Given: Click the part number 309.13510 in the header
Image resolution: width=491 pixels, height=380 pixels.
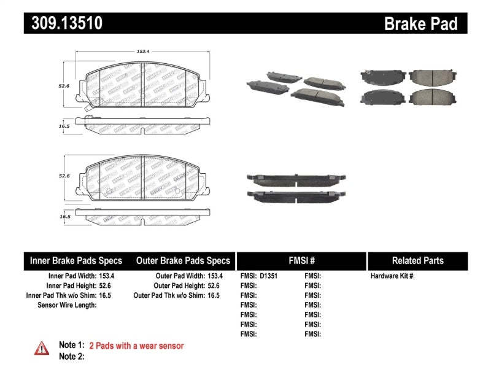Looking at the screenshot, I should click(x=63, y=23).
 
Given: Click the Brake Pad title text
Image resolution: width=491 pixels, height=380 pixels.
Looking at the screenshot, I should click(x=420, y=23).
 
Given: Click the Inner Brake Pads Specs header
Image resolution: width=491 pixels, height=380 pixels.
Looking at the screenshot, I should click(x=76, y=260).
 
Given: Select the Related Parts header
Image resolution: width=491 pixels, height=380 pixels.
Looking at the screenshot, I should click(x=417, y=260).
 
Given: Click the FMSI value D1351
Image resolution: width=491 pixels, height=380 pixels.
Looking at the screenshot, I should click(x=268, y=276).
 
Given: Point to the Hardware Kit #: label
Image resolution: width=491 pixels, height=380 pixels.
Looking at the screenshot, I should click(x=392, y=276).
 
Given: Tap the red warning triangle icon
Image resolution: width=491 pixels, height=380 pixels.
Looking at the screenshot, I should click(x=42, y=348).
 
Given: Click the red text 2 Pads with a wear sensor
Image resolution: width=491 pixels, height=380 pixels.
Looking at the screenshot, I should click(x=136, y=346).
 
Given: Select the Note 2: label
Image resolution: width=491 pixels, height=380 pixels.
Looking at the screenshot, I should click(x=71, y=356).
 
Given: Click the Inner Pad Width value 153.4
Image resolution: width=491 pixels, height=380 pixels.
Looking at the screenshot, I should click(x=107, y=276).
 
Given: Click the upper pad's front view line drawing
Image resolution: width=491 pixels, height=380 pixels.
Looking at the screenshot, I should click(x=142, y=83).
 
